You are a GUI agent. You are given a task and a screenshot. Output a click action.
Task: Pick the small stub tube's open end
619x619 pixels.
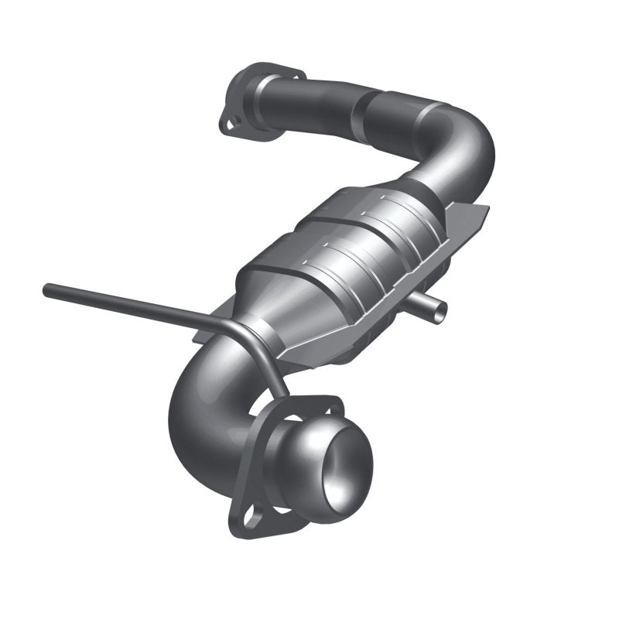439,309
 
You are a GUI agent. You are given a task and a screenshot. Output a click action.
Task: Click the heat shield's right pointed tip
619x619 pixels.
487,207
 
